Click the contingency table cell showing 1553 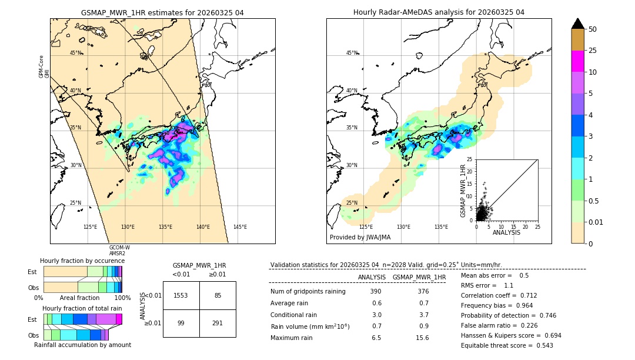181,295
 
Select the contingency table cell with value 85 218,295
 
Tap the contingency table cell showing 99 181,323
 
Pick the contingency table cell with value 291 218,323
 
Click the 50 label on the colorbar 593,29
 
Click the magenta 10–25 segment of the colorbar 577,61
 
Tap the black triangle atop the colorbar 577,24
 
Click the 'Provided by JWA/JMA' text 360,238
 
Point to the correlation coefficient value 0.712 524,295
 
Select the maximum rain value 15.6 422,338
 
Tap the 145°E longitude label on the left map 240,227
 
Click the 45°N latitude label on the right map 352,53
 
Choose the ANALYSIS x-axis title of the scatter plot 506,232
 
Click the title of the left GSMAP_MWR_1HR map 162,12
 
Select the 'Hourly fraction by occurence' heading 82,261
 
